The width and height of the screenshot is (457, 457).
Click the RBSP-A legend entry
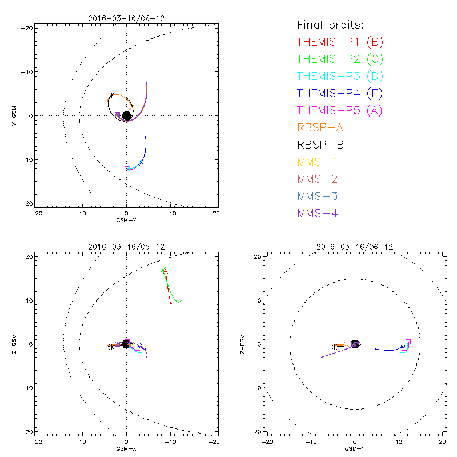(x=320, y=127)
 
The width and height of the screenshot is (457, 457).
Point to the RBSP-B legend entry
(x=320, y=145)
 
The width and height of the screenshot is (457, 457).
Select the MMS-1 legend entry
(x=316, y=162)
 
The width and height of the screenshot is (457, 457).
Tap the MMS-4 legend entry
(x=316, y=213)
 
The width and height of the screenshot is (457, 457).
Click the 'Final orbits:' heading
(x=330, y=25)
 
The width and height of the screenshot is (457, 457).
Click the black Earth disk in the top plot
(x=126, y=115)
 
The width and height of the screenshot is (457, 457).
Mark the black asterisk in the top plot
(x=112, y=95)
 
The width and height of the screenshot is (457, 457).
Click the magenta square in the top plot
(x=127, y=169)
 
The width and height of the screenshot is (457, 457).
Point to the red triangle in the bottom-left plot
(x=166, y=272)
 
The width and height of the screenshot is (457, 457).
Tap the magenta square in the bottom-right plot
(x=408, y=342)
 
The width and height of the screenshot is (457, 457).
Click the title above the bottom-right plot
(x=355, y=247)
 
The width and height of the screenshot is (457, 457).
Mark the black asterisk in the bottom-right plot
(x=334, y=346)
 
